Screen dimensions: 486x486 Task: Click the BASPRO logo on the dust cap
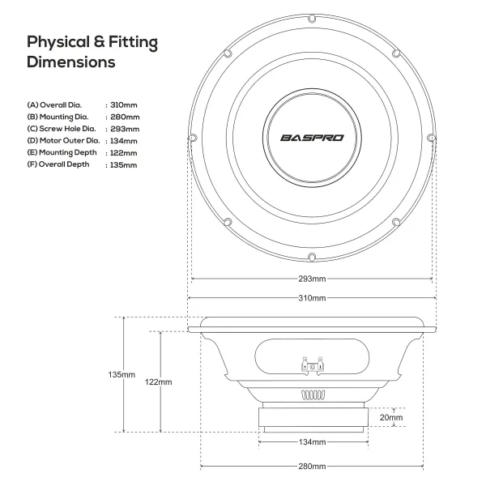(312, 138)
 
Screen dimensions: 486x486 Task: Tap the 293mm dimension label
(312, 279)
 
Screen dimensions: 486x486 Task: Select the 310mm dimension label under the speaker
(312, 298)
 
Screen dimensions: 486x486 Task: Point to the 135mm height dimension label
(122, 375)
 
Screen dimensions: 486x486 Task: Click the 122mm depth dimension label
(159, 382)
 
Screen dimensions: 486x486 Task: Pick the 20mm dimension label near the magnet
(391, 417)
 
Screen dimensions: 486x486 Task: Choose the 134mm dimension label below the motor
(312, 442)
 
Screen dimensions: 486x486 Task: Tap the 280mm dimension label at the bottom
(312, 467)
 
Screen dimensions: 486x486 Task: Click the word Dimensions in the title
(71, 62)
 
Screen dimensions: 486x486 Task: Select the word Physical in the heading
(58, 42)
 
